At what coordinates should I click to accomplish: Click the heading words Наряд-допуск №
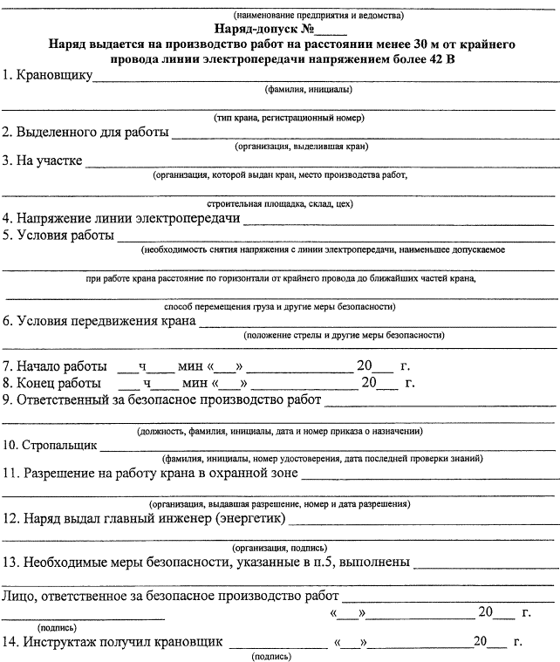pos(262,28)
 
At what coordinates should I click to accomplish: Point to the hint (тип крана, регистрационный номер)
pos(289,118)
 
